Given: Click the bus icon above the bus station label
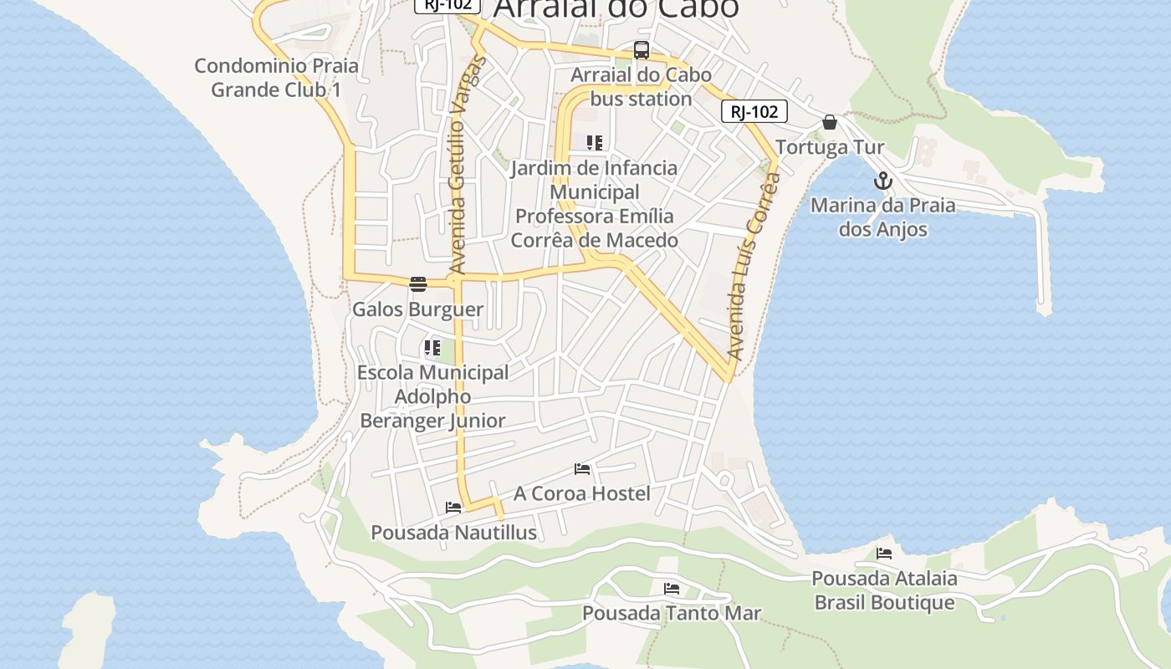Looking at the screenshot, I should pos(642,50).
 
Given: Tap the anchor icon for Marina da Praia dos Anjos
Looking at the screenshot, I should pos(882,181).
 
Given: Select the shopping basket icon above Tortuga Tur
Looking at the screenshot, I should pos(830,123).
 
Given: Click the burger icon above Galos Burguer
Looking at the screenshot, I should pos(418,284).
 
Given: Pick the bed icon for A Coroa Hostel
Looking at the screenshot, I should pos(582,469).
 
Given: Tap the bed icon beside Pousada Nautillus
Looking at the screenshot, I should pos(453,508).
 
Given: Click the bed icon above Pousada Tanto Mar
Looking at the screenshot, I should pos(672,589).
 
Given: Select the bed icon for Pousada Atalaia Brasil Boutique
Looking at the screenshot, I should pos(884,554).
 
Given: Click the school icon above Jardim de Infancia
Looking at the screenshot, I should pos(595,143).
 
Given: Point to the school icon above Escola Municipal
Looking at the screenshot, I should pos(432,348).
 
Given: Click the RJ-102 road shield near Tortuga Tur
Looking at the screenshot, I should pos(754,112).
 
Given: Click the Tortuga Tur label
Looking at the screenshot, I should pos(830,148).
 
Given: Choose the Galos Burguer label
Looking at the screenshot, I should pos(417,309).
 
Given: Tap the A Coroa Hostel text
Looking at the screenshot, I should pos(582,493).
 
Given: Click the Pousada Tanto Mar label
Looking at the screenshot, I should pos(672,613).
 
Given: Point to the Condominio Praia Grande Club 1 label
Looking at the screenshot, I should pos(276,78).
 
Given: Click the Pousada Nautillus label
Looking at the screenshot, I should pos(453,533).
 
